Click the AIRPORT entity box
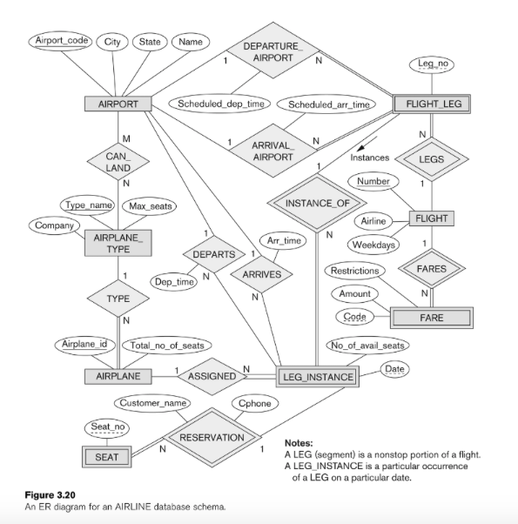118,104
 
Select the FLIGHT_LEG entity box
433,104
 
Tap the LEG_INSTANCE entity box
318,377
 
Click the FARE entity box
431,318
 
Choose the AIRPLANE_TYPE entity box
118,243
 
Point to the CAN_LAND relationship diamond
118,161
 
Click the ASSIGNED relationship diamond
212,377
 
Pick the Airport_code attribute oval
59,42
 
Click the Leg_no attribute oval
433,64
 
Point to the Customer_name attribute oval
152,404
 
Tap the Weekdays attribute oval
374,245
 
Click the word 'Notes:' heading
300,442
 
